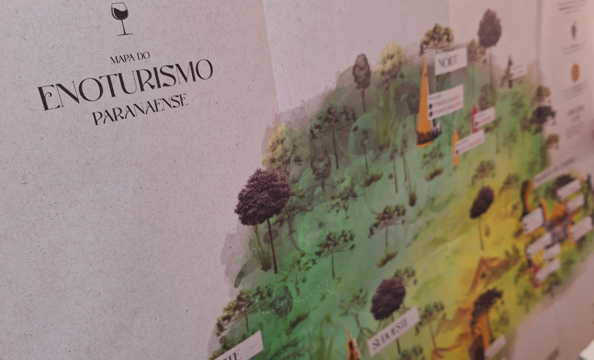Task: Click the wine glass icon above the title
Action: [119, 17]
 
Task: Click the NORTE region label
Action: [451, 60]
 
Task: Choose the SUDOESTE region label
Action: [393, 331]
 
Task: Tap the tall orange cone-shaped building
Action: [425, 97]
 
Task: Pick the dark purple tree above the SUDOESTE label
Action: [388, 297]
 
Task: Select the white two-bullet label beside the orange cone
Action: [446, 102]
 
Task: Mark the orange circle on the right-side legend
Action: [575, 73]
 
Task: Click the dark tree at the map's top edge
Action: [489, 29]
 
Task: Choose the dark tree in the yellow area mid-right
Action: [481, 202]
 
